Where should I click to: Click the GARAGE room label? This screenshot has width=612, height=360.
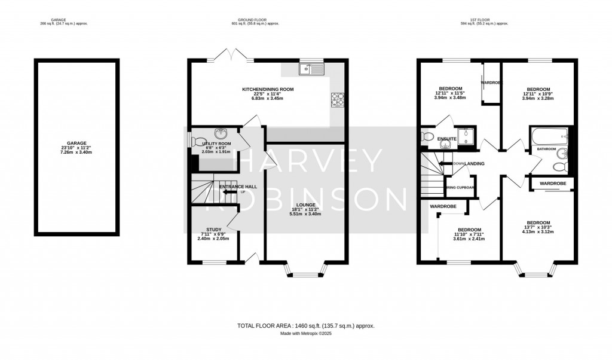pyautogui.click(x=76, y=144)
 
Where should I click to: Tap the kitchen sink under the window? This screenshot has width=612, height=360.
pyautogui.click(x=311, y=71)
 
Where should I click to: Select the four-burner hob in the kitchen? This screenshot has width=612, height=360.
pyautogui.click(x=337, y=99)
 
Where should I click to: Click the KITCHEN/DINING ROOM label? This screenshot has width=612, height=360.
pyautogui.click(x=267, y=90)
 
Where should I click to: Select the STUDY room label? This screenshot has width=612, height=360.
pyautogui.click(x=213, y=229)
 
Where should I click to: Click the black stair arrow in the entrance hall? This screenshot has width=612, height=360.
pyautogui.click(x=229, y=188)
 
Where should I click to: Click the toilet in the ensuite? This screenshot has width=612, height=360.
pyautogui.click(x=427, y=137)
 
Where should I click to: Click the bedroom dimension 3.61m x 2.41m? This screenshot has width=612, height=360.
pyautogui.click(x=469, y=239)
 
